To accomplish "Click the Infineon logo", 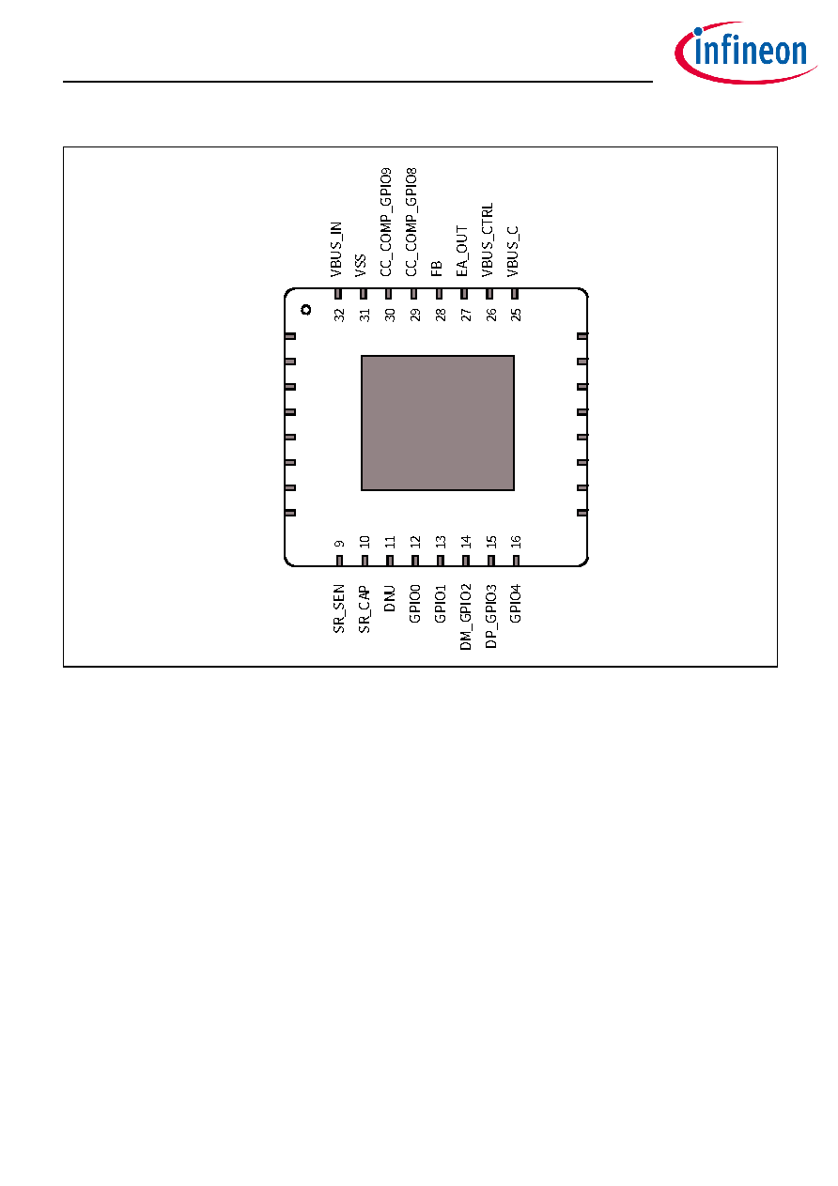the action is [745, 53].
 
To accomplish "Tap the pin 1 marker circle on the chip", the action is [305, 310].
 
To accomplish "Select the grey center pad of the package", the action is [438, 424].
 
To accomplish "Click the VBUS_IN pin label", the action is [336, 250].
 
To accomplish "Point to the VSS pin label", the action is [361, 265].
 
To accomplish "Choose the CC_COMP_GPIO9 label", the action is [385, 222].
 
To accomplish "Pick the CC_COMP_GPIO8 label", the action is [411, 222].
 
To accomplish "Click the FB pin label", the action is [437, 269].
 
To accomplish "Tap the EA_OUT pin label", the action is [462, 251].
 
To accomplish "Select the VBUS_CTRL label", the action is [488, 239].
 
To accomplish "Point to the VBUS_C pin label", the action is [513, 252].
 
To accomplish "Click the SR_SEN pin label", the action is [338, 608].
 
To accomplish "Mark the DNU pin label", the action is [389, 598].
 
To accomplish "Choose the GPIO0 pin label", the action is [414, 604].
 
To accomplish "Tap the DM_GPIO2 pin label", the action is [465, 617].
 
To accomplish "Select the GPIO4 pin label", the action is [516, 604].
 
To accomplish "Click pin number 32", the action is [339, 315].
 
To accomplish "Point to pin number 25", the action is [516, 315].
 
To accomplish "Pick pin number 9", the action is [339, 544].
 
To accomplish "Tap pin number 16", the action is [516, 542].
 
